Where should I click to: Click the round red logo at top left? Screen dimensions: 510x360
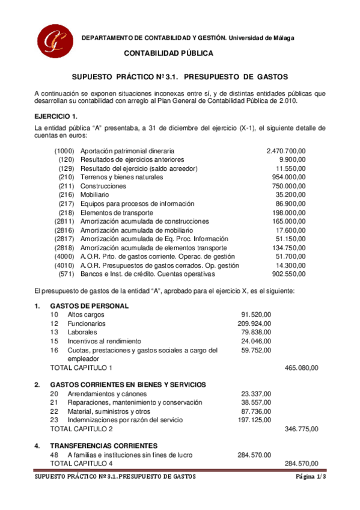pyautogui.click(x=53, y=40)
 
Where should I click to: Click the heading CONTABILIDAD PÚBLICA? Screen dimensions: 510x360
pyautogui.click(x=168, y=54)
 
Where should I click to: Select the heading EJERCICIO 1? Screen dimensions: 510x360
pyautogui.click(x=55, y=115)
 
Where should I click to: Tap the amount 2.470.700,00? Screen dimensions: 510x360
pyautogui.click(x=285, y=151)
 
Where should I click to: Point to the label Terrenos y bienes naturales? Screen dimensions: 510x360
pyautogui.click(x=121, y=179)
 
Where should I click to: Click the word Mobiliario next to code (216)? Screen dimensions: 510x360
pyautogui.click(x=94, y=195)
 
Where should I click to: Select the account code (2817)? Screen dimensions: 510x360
pyautogui.click(x=64, y=239)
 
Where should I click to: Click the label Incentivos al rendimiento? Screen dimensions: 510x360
pyautogui.click(x=104, y=340)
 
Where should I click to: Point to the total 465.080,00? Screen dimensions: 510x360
pyautogui.click(x=301, y=367)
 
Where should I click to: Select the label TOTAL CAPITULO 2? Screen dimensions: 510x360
pyautogui.click(x=81, y=429)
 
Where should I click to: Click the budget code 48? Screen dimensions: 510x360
pyautogui.click(x=54, y=455)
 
